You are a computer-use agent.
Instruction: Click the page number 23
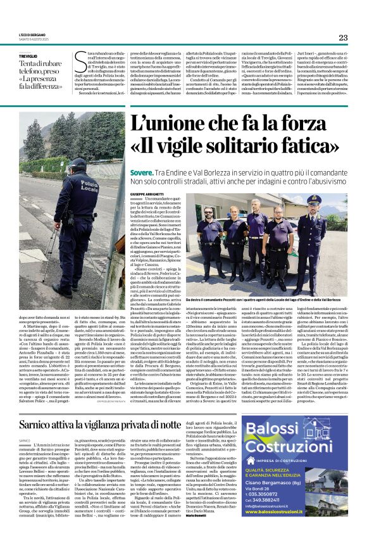[x=343, y=38]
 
